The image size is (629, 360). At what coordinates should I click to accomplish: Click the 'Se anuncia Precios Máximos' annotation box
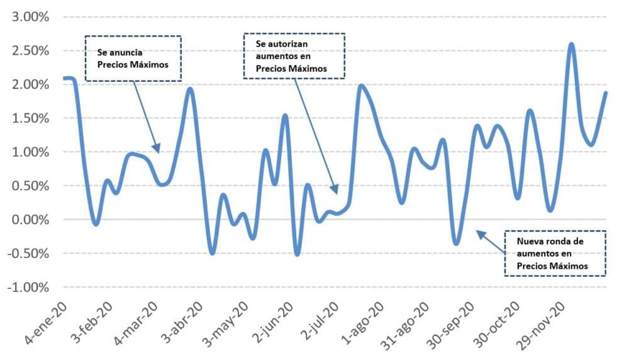133,58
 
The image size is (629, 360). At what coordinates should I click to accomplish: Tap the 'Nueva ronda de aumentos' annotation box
555,253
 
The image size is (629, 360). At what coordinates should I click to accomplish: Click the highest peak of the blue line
571,44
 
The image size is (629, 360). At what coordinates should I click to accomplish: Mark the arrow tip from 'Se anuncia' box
159,152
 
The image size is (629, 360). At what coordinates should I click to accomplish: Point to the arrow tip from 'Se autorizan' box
337,193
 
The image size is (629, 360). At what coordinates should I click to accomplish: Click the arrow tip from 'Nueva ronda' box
477,232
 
